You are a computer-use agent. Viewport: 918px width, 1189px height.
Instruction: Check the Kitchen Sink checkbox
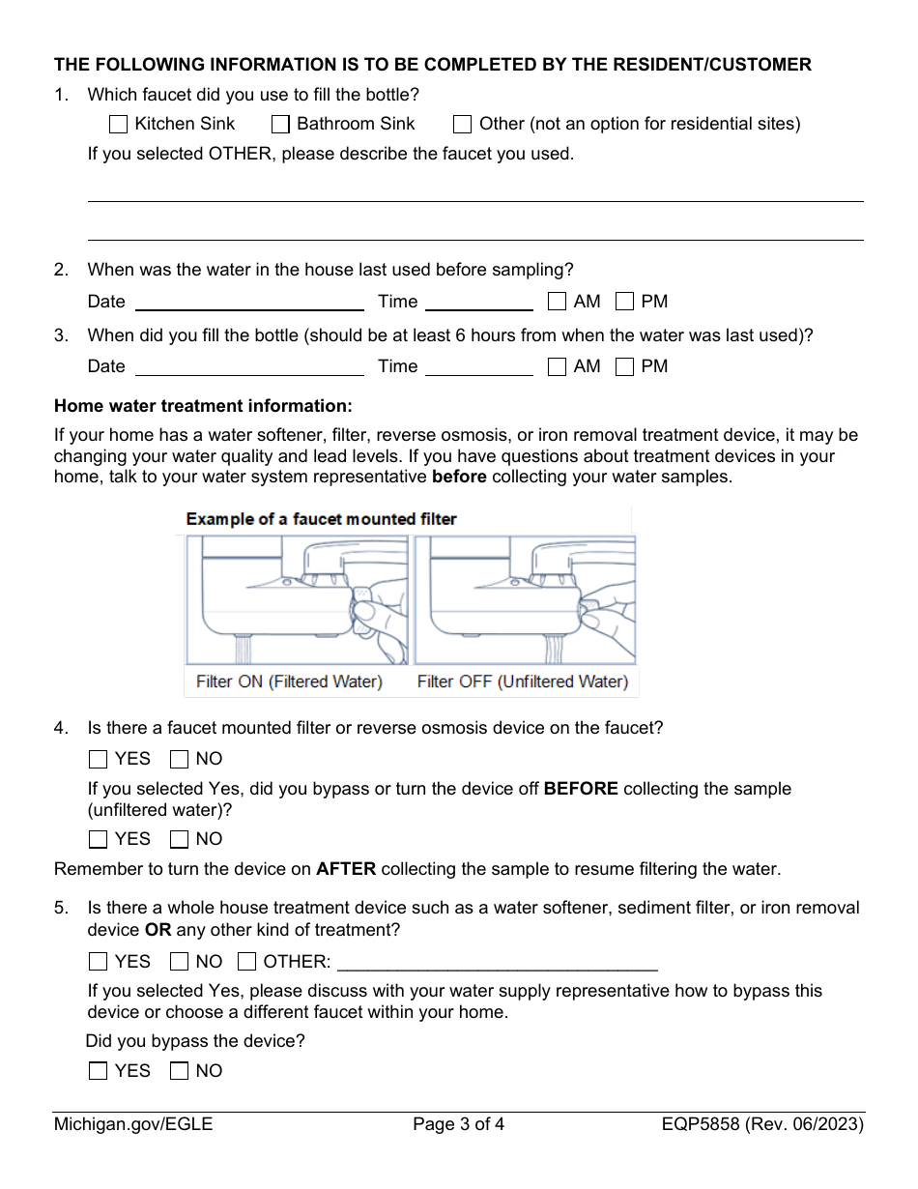[x=118, y=124]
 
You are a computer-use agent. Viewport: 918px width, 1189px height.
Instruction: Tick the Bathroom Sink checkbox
[x=280, y=124]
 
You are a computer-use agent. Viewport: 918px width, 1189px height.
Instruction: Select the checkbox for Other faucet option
[x=463, y=124]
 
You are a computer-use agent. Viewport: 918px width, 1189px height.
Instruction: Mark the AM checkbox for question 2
[x=557, y=302]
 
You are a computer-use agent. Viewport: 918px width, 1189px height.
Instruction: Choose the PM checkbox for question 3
[x=625, y=366]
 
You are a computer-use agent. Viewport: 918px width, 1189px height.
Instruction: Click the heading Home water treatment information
[x=203, y=406]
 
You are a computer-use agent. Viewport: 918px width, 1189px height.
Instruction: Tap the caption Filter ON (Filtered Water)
[x=289, y=681]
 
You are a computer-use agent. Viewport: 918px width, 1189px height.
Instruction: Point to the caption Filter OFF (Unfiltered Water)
[x=522, y=681]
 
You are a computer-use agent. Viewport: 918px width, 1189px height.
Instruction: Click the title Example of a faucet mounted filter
[x=321, y=519]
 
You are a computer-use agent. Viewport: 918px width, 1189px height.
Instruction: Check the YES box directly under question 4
[x=98, y=759]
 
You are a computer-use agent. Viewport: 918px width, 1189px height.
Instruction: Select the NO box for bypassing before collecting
[x=179, y=839]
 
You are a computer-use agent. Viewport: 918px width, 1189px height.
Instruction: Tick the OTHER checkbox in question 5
[x=246, y=962]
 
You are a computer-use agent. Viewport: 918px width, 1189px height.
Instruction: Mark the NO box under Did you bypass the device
[x=179, y=1071]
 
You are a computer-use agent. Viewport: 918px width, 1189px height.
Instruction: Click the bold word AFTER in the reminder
[x=346, y=869]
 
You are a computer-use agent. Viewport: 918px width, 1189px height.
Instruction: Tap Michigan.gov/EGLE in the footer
[x=133, y=1124]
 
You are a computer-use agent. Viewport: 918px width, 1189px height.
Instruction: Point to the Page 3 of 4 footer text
[x=458, y=1124]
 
